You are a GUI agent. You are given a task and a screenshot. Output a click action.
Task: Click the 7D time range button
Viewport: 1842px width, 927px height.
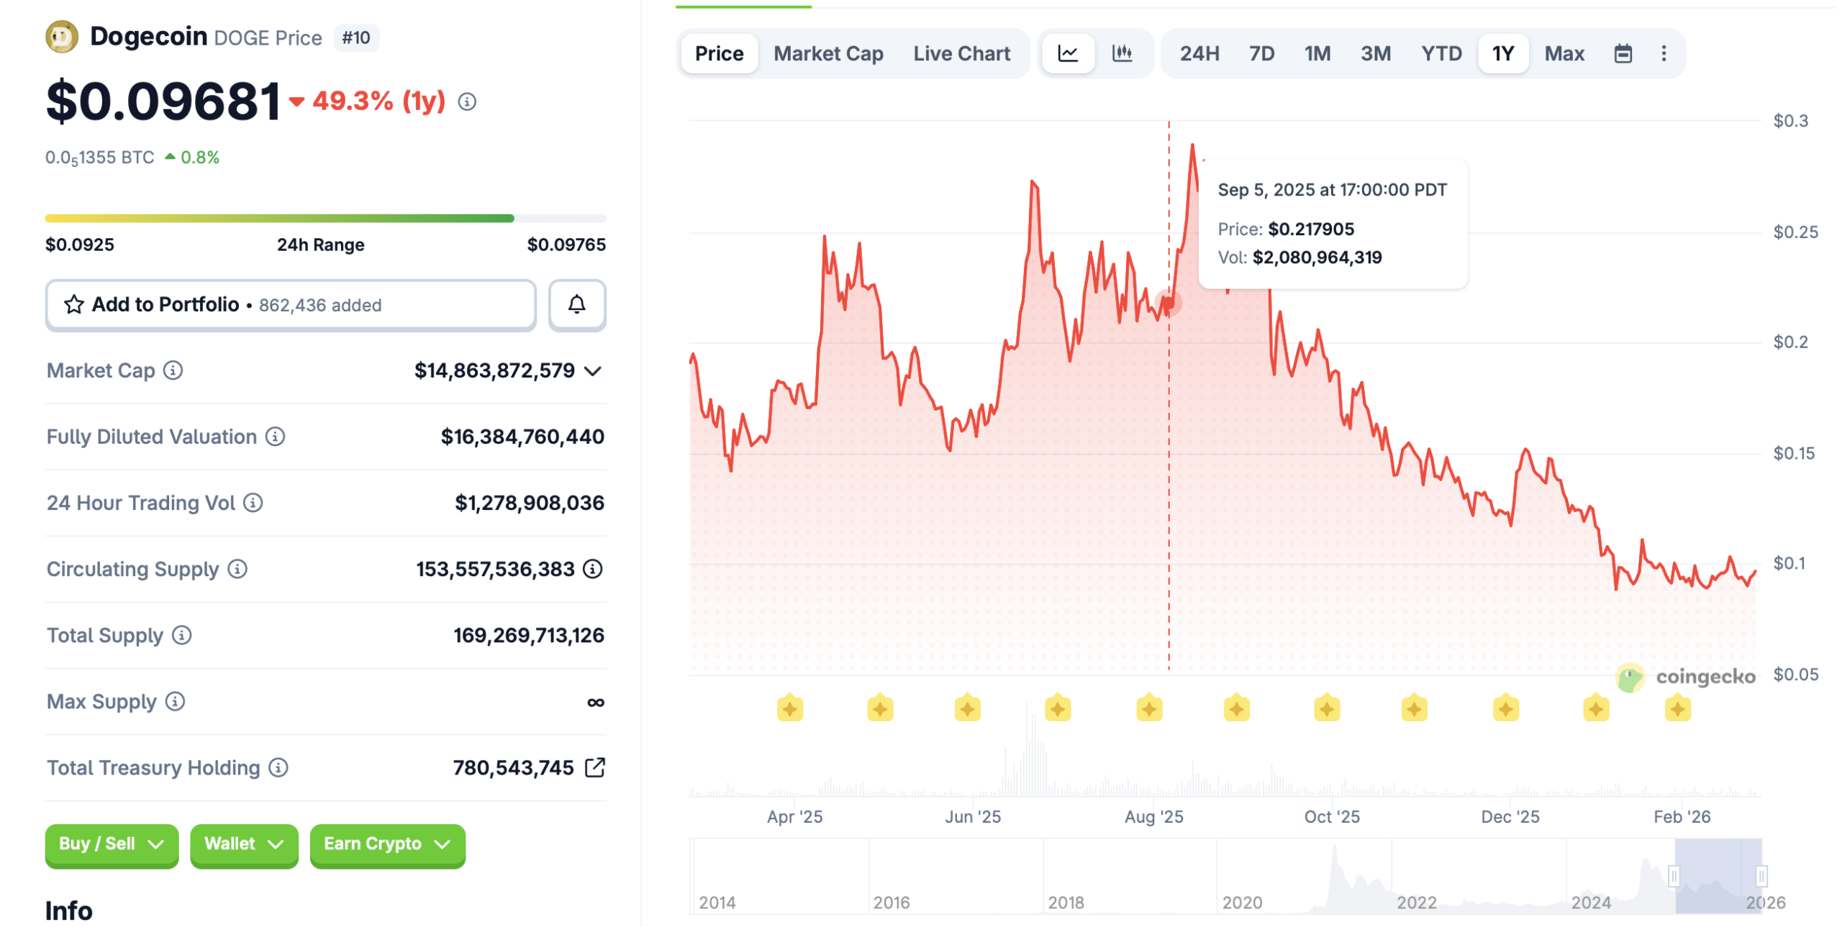pos(1261,54)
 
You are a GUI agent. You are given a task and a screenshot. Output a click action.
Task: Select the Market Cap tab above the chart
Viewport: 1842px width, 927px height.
pos(827,54)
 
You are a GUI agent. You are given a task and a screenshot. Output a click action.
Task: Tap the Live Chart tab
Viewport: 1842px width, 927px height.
pos(961,54)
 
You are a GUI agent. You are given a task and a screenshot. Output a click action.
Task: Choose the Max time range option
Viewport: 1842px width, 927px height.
pos(1564,54)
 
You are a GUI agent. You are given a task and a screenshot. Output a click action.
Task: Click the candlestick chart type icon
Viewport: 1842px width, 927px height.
pos(1122,53)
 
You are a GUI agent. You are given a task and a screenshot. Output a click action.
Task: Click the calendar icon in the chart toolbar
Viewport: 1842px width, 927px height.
pos(1623,54)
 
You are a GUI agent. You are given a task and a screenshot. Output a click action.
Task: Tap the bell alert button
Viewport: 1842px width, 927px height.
pos(576,304)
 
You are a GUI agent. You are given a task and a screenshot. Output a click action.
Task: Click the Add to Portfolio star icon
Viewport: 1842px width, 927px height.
pos(73,305)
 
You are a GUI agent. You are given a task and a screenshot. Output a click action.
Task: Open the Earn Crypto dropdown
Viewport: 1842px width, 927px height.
pos(387,844)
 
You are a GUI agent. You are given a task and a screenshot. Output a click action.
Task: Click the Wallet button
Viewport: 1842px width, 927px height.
pos(244,844)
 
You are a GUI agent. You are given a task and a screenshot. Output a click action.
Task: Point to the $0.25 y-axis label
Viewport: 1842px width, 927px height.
pos(1795,232)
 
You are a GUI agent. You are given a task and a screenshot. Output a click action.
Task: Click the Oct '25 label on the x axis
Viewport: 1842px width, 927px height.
pos(1331,817)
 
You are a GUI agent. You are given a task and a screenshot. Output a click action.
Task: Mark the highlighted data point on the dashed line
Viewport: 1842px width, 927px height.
pos(1168,303)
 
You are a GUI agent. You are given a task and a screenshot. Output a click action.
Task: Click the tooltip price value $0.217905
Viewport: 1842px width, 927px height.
pos(1310,229)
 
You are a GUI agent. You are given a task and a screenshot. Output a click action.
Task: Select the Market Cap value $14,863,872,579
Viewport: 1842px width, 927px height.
pos(494,371)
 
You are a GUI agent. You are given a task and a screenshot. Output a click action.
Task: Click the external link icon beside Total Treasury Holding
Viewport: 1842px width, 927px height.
pos(595,767)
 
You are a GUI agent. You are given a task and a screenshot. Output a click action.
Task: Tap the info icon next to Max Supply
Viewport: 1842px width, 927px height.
pos(175,701)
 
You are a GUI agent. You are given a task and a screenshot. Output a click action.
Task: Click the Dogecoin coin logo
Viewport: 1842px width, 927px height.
pos(62,37)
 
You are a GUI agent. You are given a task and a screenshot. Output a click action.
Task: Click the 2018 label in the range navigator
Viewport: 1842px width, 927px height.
pos(1065,903)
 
